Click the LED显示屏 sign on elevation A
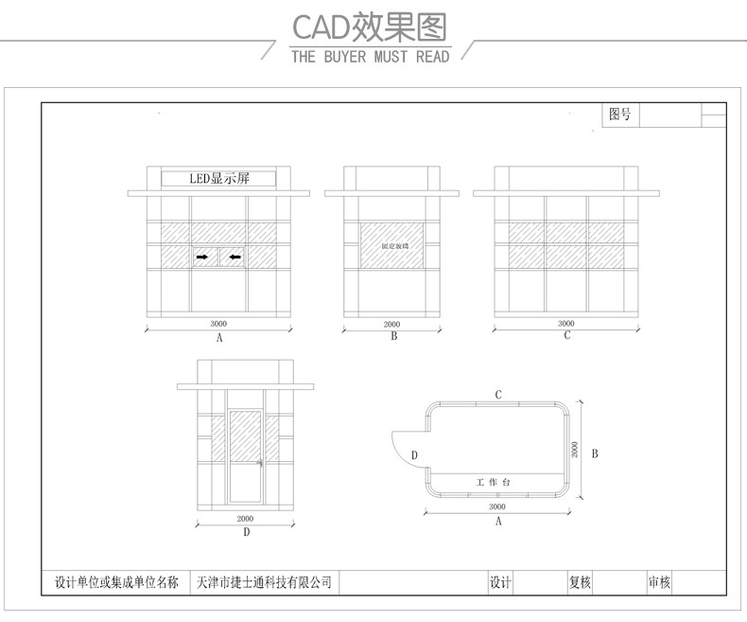tap(218, 177)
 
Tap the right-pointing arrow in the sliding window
tap(202, 256)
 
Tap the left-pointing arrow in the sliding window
tap(235, 256)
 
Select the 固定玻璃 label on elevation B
tap(392, 246)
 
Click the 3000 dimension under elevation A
tap(218, 324)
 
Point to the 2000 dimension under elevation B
tap(392, 324)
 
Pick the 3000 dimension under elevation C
tap(566, 324)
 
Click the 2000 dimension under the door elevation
tap(245, 519)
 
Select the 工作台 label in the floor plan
tap(492, 483)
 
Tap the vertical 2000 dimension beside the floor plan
tap(575, 450)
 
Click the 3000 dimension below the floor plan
tap(497, 506)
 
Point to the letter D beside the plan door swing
tap(414, 455)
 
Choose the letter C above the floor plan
tap(498, 394)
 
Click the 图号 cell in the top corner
tap(619, 115)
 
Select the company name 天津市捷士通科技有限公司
tap(263, 582)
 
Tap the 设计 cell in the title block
tap(499, 582)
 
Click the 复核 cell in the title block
tap(580, 582)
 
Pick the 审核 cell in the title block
tap(659, 582)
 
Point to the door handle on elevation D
tap(260, 463)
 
